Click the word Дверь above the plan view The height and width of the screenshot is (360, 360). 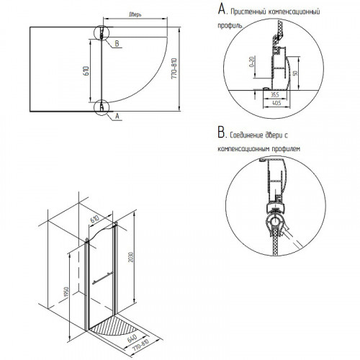pos(135,14)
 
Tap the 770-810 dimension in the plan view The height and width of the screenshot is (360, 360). pos(174,68)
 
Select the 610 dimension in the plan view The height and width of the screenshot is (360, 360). pos(86,71)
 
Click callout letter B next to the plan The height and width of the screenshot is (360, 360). pos(117,43)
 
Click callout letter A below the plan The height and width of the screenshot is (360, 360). pos(117,116)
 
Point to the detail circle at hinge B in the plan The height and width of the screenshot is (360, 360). pos(102,25)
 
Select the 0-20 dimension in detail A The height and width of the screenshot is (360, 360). pos(252,62)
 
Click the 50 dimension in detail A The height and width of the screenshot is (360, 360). pos(295,73)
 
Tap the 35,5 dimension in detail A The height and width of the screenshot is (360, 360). pos(275,94)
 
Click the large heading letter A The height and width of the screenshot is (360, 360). pos(221,9)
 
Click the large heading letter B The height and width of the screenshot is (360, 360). pos(221,132)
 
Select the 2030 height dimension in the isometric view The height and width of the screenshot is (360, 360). pos(131,256)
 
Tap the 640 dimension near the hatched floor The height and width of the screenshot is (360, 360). pos(132,338)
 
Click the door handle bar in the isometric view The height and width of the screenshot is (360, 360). pos(102,279)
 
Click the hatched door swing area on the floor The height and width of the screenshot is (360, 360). pos(112,325)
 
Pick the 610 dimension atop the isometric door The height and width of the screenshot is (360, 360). pos(94,220)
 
